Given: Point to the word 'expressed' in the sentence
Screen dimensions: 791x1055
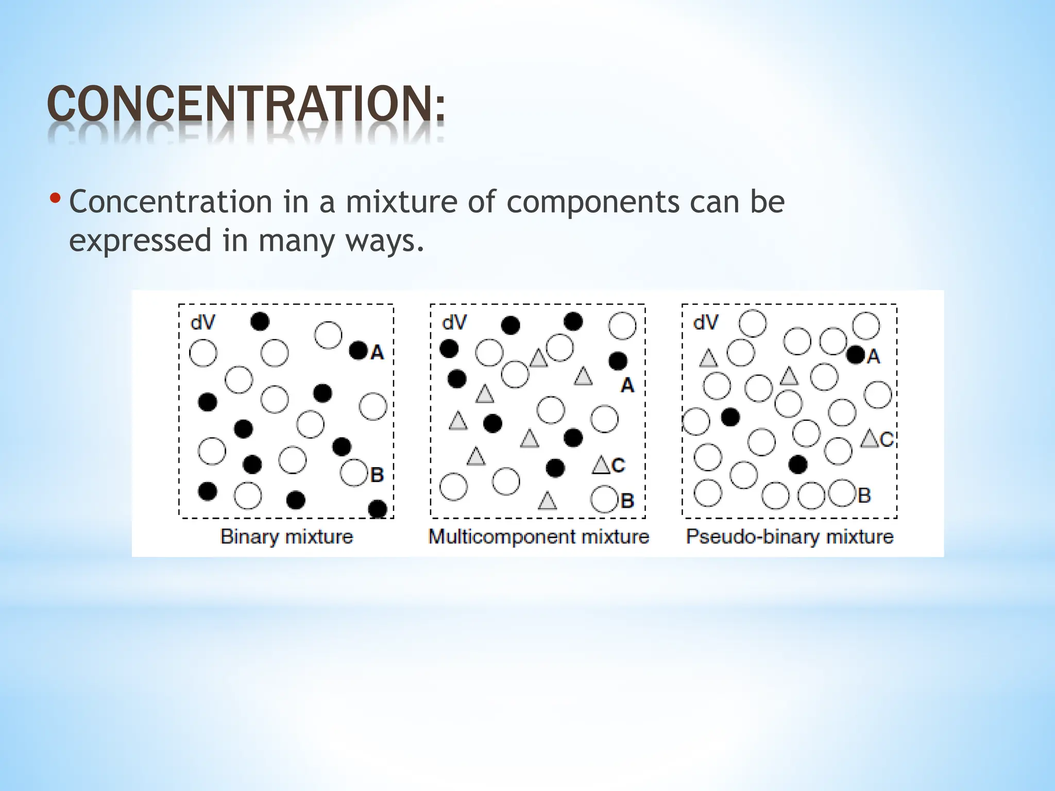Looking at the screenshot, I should click(x=140, y=241).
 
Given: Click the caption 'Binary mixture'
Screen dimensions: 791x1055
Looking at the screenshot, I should click(x=287, y=537).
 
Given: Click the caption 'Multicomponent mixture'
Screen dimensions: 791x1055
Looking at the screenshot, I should click(x=538, y=537).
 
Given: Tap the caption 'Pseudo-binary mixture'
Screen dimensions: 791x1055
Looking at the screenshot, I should click(x=789, y=537).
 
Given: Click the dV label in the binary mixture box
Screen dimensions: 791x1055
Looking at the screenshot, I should click(x=202, y=323).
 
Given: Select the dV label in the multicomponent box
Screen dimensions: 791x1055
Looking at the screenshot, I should click(x=454, y=323).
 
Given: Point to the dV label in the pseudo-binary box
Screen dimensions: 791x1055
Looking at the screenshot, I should click(x=705, y=323).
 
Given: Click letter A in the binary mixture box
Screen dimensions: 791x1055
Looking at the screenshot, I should click(x=377, y=352).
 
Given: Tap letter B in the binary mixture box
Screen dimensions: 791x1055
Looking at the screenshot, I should click(x=377, y=474).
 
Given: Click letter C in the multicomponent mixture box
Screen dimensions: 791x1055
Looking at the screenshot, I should click(x=619, y=466).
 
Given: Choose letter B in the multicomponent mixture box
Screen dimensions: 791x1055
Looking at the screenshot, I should click(x=627, y=500).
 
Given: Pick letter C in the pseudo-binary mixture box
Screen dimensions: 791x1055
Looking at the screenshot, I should click(x=887, y=439).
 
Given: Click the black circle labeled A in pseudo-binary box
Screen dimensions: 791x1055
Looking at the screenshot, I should click(x=856, y=355).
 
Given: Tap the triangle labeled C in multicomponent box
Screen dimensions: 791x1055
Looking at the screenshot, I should click(x=601, y=465).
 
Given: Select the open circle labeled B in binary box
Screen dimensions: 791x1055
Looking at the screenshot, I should click(x=354, y=472).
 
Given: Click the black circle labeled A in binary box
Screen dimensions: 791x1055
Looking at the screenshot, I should click(x=358, y=351).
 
